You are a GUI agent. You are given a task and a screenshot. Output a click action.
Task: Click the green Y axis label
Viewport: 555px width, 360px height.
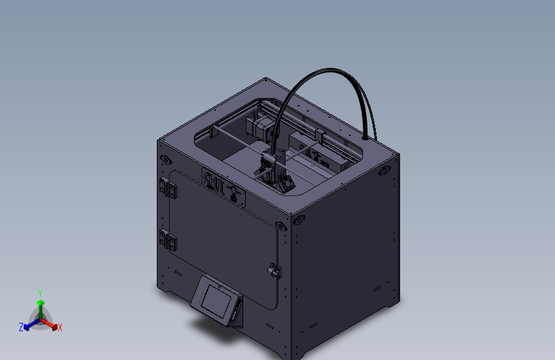coord(40,291)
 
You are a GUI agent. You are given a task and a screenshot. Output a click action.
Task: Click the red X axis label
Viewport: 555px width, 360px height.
coord(60,328)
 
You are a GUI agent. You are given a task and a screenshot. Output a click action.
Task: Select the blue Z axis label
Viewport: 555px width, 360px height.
coord(21,327)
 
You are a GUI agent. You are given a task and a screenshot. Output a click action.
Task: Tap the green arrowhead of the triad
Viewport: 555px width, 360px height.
coord(40,302)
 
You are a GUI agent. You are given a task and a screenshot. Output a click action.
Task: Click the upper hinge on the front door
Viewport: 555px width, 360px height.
coord(167,187)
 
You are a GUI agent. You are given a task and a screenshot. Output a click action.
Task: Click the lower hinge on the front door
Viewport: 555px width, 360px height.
coord(168,240)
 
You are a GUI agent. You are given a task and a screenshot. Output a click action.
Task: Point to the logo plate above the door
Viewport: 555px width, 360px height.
coord(223,186)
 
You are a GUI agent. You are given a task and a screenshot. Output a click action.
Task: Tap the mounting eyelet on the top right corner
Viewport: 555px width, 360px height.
coord(385,170)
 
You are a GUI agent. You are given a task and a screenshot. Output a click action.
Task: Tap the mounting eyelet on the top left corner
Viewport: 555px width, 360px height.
coord(166,159)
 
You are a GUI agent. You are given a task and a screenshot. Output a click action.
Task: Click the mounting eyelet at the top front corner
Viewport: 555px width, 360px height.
coord(280,225)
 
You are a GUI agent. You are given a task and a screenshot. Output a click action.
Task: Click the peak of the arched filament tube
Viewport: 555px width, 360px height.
coord(326,71)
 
